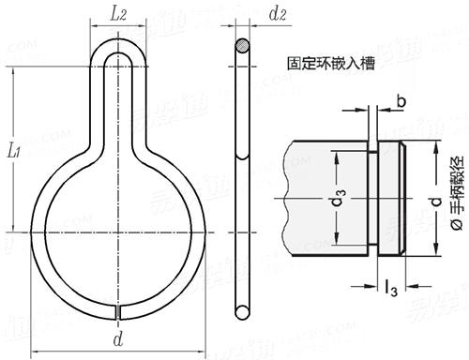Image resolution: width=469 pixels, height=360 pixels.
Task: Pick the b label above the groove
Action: tap(401, 101)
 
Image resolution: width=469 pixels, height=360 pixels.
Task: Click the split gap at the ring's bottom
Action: tap(118, 307)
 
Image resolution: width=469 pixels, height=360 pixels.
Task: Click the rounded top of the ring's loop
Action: tap(118, 51)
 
